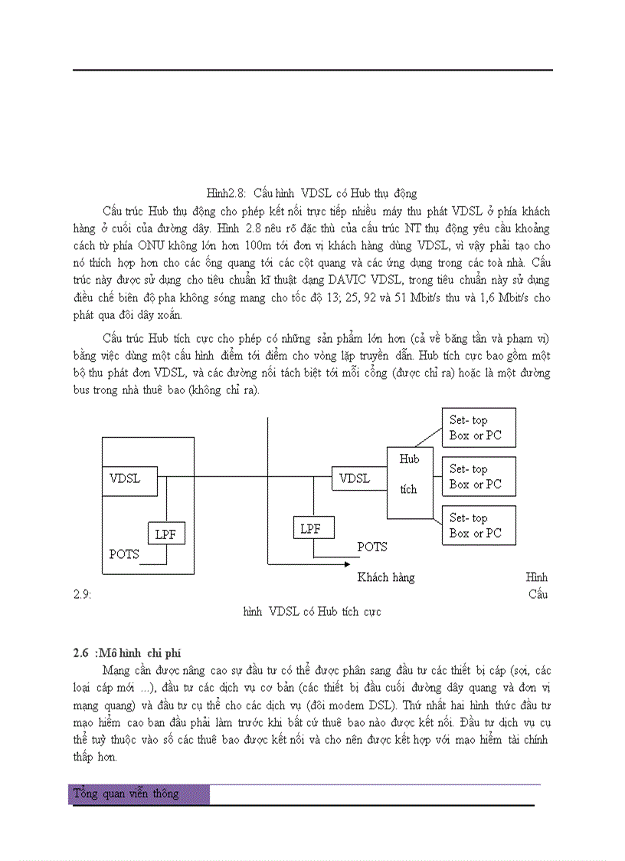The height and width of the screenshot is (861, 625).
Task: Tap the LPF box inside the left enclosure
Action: pos(166,534)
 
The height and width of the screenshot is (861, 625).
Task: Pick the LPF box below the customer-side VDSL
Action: pos(311,529)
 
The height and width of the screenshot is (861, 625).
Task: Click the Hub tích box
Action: pos(410,474)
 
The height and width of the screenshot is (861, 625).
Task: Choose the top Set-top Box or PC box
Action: pos(479,428)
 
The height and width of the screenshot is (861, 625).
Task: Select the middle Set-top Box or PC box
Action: pos(479,476)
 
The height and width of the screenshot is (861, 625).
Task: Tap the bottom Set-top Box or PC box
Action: pos(479,525)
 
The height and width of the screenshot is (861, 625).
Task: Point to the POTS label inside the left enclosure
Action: pos(124,554)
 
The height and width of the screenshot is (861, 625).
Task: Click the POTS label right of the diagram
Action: pos(372,547)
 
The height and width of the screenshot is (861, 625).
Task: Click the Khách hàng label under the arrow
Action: pos(386,577)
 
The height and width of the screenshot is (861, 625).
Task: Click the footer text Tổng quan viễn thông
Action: pos(126,794)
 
